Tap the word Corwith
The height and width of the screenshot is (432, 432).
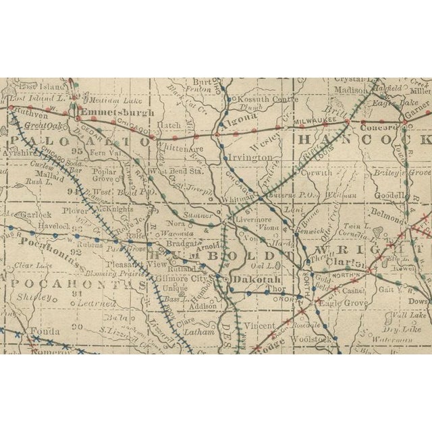pos(315,172)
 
